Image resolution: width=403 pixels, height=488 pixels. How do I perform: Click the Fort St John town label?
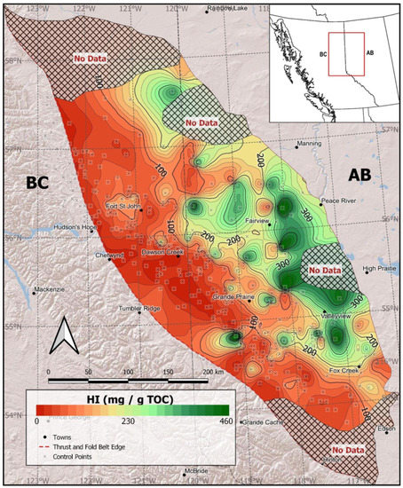[123, 207]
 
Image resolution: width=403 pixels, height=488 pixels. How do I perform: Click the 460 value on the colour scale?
[218, 424]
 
